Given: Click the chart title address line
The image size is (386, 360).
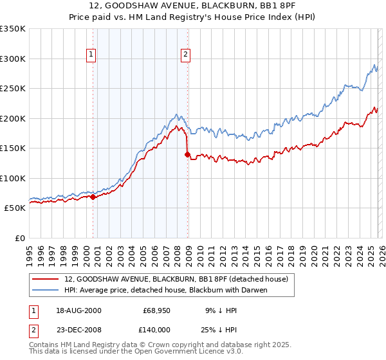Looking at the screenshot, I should point(193,6).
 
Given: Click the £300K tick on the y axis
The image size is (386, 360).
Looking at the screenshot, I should point(13,59).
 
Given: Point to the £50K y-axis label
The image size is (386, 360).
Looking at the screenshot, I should point(15,208).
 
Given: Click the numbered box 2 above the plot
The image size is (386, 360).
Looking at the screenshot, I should point(185,55).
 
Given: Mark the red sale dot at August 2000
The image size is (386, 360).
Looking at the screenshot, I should point(93,197).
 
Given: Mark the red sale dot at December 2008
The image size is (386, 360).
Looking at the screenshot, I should point(188,154).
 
